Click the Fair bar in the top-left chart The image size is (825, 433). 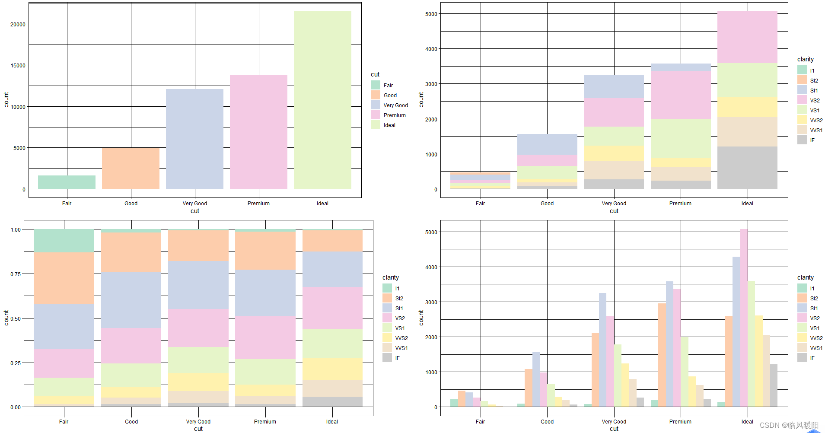67,182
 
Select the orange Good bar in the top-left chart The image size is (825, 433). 131,169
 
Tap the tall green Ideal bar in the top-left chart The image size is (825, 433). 322,100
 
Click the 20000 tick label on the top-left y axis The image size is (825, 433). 18,24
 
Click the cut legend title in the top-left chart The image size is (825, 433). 375,74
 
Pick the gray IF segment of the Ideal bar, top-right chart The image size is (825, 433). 747,168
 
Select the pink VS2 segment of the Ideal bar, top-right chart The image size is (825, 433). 747,37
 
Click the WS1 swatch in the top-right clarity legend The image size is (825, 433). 802,130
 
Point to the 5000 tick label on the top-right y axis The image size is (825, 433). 431,14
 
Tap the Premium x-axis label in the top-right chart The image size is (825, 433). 680,203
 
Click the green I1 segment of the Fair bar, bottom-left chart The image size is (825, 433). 64,241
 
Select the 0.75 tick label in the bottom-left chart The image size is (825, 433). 16,274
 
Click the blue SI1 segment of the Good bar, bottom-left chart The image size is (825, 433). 131,300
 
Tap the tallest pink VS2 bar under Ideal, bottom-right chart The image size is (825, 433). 743,318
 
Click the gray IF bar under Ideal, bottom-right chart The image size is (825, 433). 774,385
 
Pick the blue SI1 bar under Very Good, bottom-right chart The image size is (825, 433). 602,350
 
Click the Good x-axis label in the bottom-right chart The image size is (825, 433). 547,421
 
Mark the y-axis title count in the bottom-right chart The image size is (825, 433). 421,318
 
